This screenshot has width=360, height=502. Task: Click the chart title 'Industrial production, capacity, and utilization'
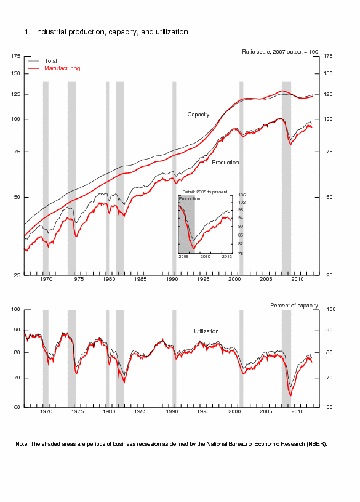pos(111,32)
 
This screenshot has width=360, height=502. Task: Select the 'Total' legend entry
pos(50,61)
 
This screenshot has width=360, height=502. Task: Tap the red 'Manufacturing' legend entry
pos(62,68)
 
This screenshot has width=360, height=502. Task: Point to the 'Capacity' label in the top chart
pos(198,115)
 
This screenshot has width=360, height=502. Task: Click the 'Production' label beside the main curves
pos(225,163)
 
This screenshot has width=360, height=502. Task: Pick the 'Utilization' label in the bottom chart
pos(206,331)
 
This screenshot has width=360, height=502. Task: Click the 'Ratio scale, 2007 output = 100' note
pos(280,52)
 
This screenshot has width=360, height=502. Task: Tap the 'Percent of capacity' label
pos(294,306)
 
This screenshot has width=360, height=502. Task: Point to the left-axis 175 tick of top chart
pos(15,56)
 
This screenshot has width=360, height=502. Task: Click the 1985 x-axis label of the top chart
pos(140,279)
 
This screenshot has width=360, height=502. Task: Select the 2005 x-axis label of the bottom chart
pos(266,411)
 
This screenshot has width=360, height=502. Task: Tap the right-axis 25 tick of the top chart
pos(330,275)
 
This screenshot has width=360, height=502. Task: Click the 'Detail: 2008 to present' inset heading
pos(205,192)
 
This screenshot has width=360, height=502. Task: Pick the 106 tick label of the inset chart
pos(242,195)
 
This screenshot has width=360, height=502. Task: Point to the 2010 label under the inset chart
pos(205,257)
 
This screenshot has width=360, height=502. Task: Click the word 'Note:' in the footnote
pos(22,444)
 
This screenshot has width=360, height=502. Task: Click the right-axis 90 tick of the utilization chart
pos(330,330)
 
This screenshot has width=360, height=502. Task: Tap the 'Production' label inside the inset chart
pos(190,198)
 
